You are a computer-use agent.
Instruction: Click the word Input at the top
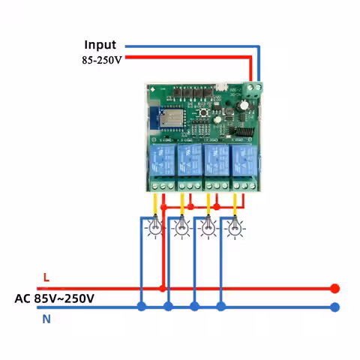[x=100, y=46]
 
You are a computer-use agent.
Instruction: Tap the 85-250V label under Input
[x=101, y=59]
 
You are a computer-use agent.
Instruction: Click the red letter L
[x=46, y=277]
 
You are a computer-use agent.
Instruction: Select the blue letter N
[x=46, y=319]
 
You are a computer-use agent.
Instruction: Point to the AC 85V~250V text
[x=55, y=298]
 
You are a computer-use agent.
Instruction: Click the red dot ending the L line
[x=335, y=288]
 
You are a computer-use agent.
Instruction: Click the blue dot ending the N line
[x=335, y=307]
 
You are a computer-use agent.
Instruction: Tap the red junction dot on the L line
[x=163, y=288]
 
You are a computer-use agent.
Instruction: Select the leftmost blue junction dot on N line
[x=142, y=307]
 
